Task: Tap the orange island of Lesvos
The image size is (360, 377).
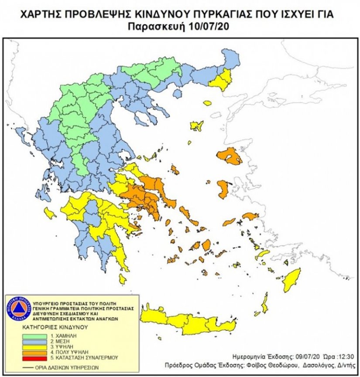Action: [230, 156]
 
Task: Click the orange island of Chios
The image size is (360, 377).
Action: [223, 190]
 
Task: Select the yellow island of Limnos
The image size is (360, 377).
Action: [197, 126]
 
